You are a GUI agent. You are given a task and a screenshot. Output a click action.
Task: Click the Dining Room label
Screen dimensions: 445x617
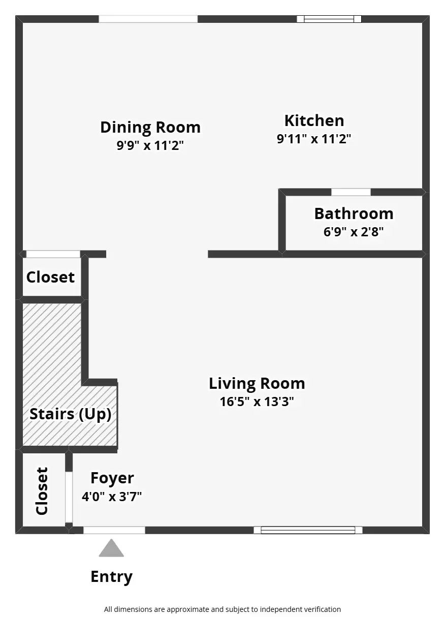pyautogui.click(x=150, y=128)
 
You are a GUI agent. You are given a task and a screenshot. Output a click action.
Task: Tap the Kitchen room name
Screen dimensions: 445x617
pyautogui.click(x=314, y=120)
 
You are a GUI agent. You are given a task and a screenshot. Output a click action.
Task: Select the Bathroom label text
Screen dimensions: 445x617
pyautogui.click(x=354, y=214)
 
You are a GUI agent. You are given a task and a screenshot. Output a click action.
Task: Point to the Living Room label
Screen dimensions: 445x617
pyautogui.click(x=257, y=384)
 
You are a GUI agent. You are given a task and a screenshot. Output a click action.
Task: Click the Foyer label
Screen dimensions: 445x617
pyautogui.click(x=112, y=478)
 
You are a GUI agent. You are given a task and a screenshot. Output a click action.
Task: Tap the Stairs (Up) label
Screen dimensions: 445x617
pyautogui.click(x=71, y=414)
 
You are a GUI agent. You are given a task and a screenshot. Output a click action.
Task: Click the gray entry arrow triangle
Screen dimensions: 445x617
pyautogui.click(x=111, y=549)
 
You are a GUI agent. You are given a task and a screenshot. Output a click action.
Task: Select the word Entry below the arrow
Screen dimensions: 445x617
pyautogui.click(x=112, y=577)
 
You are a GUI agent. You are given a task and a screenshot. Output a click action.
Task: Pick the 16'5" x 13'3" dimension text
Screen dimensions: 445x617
pyautogui.click(x=257, y=402)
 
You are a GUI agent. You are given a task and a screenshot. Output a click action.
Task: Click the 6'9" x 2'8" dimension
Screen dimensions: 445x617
pyautogui.click(x=354, y=232)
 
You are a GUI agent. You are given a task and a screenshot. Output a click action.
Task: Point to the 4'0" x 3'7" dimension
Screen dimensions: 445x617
pyautogui.click(x=112, y=497)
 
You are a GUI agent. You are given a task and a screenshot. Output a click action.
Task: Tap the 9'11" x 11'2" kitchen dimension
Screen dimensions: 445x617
pyautogui.click(x=314, y=139)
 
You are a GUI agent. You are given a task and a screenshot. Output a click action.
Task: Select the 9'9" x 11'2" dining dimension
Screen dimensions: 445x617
pyautogui.click(x=150, y=145)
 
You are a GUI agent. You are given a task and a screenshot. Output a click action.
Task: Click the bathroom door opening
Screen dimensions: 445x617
pyautogui.click(x=351, y=192)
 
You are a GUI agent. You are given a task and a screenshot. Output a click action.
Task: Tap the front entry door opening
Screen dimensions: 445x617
pyautogui.click(x=114, y=530)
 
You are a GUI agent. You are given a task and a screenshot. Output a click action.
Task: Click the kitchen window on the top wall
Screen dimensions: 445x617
pyautogui.click(x=329, y=19)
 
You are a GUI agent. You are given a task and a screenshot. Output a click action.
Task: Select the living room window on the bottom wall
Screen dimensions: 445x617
pyautogui.click(x=308, y=530)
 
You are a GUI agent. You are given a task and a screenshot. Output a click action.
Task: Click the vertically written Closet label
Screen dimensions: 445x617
pyautogui.click(x=42, y=491)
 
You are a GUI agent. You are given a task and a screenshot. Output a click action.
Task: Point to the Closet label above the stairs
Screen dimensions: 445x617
pyautogui.click(x=50, y=277)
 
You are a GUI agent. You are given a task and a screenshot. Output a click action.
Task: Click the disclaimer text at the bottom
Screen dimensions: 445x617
pyautogui.click(x=222, y=609)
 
